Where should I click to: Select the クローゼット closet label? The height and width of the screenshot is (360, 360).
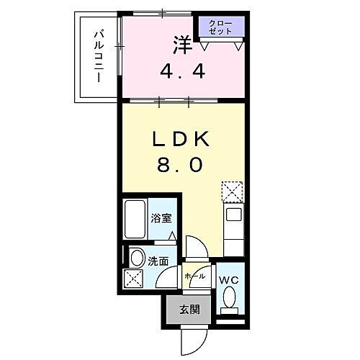click(x=221, y=29)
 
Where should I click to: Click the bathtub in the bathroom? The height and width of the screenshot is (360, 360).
click(x=135, y=220)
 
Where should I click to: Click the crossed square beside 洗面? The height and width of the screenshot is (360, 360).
click(x=134, y=278)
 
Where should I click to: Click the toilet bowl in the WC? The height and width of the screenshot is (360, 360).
click(x=228, y=297)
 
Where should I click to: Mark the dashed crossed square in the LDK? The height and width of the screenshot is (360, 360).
click(x=232, y=192)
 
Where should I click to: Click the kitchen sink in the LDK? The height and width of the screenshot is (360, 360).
click(x=233, y=215)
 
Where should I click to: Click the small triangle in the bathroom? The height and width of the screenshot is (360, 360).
click(x=171, y=235)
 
